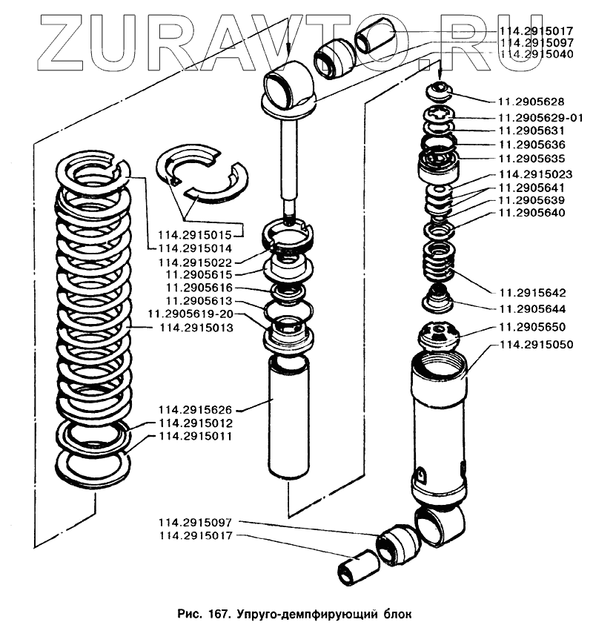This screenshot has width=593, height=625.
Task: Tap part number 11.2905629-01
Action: [540, 117]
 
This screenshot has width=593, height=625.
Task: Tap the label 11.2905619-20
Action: [190, 314]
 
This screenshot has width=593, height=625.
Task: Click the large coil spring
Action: [94, 297]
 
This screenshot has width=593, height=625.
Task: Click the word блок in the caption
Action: [394, 614]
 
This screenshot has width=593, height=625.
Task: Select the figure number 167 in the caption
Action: [219, 614]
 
